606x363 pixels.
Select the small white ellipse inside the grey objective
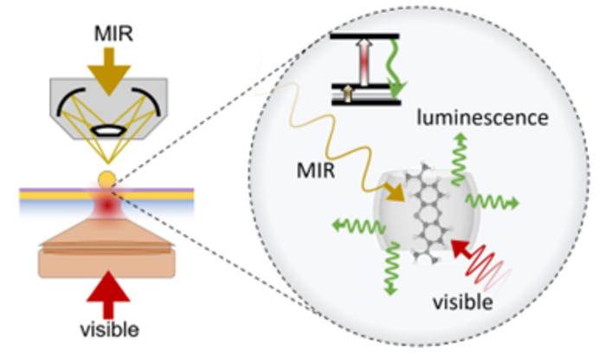tap(107, 133)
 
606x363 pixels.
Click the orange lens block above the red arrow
tap(107, 252)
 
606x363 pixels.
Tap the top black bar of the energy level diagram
tap(364, 37)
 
